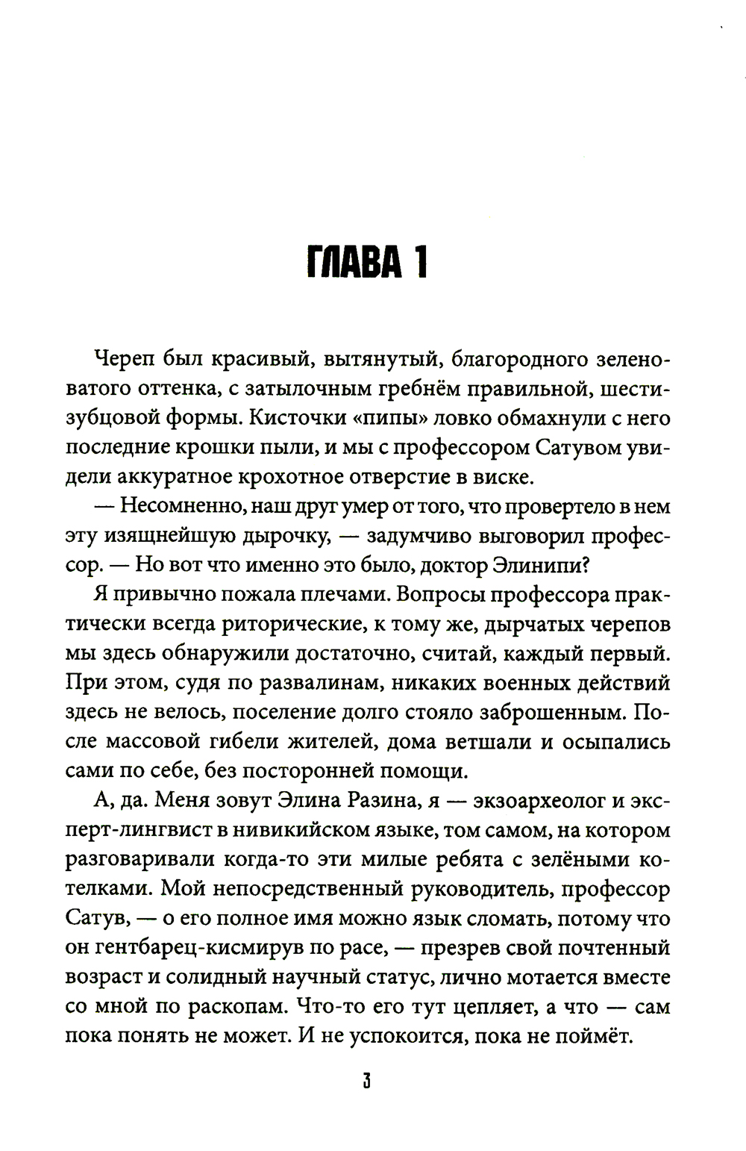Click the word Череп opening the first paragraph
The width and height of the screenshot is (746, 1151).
point(122,360)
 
